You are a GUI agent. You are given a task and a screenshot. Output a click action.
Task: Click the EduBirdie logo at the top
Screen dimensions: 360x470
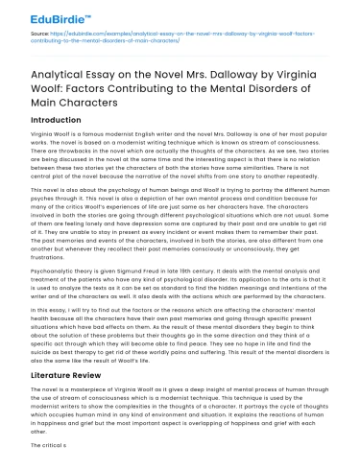pyautogui.click(x=45, y=16)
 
